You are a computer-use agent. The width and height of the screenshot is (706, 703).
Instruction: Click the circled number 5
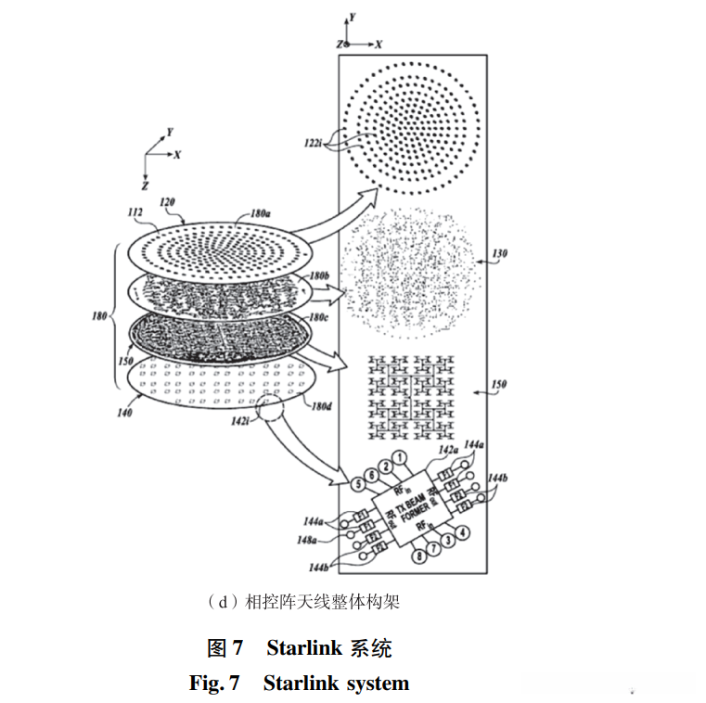click(356, 483)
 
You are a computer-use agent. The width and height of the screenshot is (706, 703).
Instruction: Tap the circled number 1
click(400, 456)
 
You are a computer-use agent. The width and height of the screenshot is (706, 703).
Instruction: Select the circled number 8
click(419, 556)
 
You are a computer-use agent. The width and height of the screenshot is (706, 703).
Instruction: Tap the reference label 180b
click(320, 276)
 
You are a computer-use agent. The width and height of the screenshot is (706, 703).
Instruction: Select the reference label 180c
click(318, 316)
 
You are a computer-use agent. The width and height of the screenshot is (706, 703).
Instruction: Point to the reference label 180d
click(321, 406)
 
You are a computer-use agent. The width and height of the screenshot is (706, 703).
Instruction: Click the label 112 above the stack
click(135, 212)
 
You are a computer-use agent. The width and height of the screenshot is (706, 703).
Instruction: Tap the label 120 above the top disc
click(168, 201)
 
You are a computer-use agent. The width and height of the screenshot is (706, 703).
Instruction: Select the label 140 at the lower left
click(122, 414)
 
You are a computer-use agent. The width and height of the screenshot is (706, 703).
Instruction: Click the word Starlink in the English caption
click(302, 684)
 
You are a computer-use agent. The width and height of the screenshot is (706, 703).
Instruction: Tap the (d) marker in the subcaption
click(223, 602)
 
